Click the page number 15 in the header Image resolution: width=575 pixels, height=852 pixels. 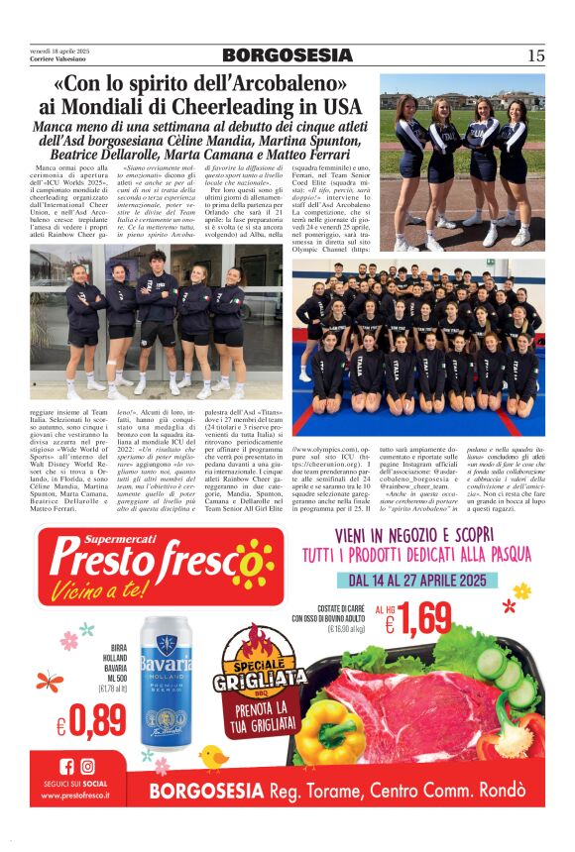coord(535,55)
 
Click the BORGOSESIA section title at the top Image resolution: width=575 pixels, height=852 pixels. coord(287,55)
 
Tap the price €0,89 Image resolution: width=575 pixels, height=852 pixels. coord(91,725)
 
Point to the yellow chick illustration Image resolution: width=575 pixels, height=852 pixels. coord(213,757)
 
